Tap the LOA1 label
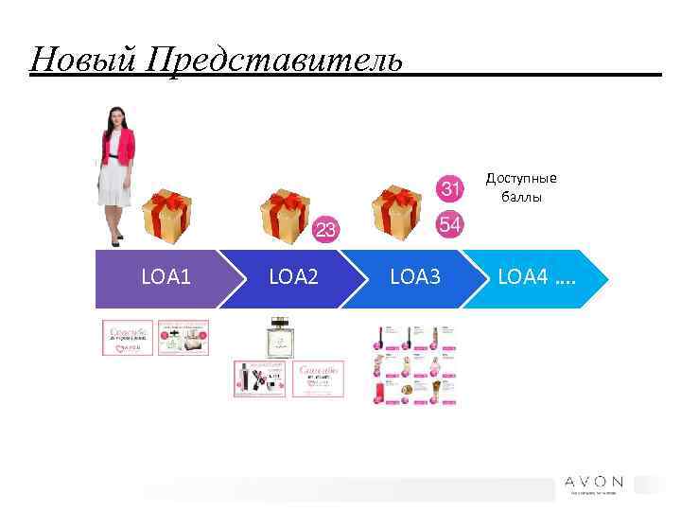click(x=166, y=277)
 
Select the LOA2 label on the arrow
click(x=294, y=277)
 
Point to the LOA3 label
click(x=415, y=277)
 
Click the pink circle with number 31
click(x=451, y=189)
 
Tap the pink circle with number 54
click(x=451, y=224)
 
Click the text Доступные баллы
click(x=521, y=186)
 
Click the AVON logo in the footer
click(x=594, y=481)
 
